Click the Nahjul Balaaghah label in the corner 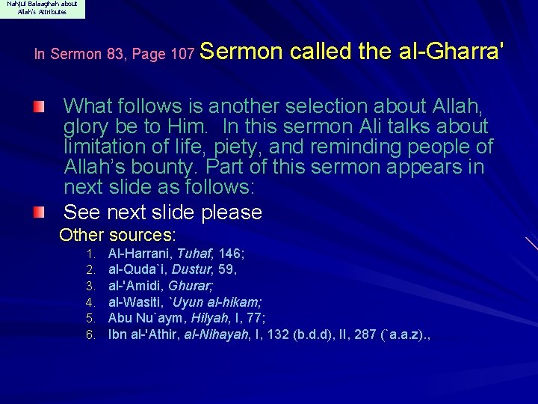click(x=42, y=8)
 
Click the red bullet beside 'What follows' click(x=48, y=107)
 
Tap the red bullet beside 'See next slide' click(x=48, y=213)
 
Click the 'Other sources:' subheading click(x=117, y=235)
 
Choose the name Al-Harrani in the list click(x=138, y=254)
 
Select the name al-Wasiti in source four click(x=136, y=302)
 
